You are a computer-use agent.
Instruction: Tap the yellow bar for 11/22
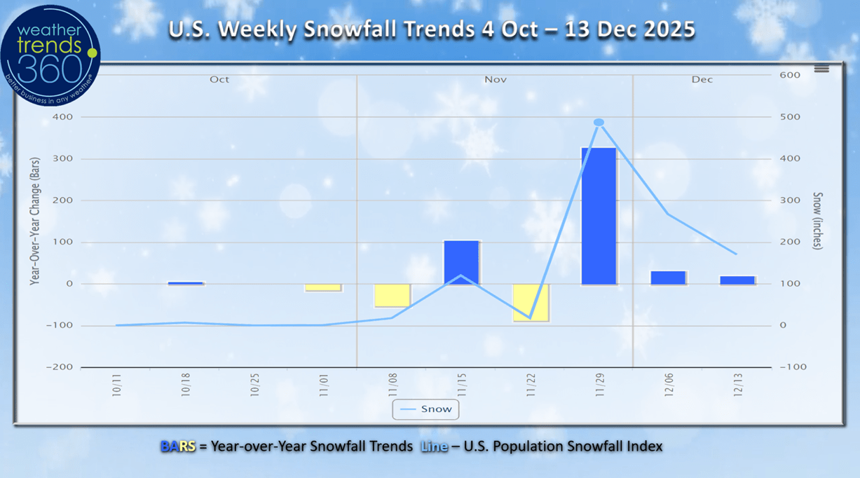click(531, 302)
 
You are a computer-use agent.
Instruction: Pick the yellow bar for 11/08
click(392, 295)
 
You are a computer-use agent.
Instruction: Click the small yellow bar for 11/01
click(323, 287)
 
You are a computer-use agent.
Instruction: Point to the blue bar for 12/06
click(668, 278)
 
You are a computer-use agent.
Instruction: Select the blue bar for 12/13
click(737, 280)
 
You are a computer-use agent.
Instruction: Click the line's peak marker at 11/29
click(599, 123)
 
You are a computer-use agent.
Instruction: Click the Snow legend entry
click(426, 409)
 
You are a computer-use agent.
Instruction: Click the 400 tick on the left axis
click(62, 117)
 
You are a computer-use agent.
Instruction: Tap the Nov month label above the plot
click(496, 80)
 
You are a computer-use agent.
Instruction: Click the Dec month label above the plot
click(702, 80)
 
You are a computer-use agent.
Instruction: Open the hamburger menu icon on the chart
click(821, 69)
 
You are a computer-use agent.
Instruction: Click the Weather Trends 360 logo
click(50, 55)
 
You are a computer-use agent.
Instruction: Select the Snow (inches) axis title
click(818, 221)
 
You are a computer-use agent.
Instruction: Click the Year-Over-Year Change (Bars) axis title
click(34, 221)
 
